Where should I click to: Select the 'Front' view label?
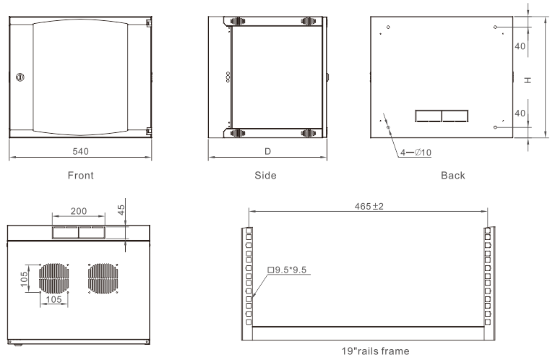click(80, 175)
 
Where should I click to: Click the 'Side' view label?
click(266, 175)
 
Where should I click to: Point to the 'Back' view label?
click(452, 175)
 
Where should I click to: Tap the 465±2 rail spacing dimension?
click(368, 206)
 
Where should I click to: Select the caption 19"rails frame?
click(367, 351)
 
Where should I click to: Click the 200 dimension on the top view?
click(79, 211)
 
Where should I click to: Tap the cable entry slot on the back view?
click(441, 116)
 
